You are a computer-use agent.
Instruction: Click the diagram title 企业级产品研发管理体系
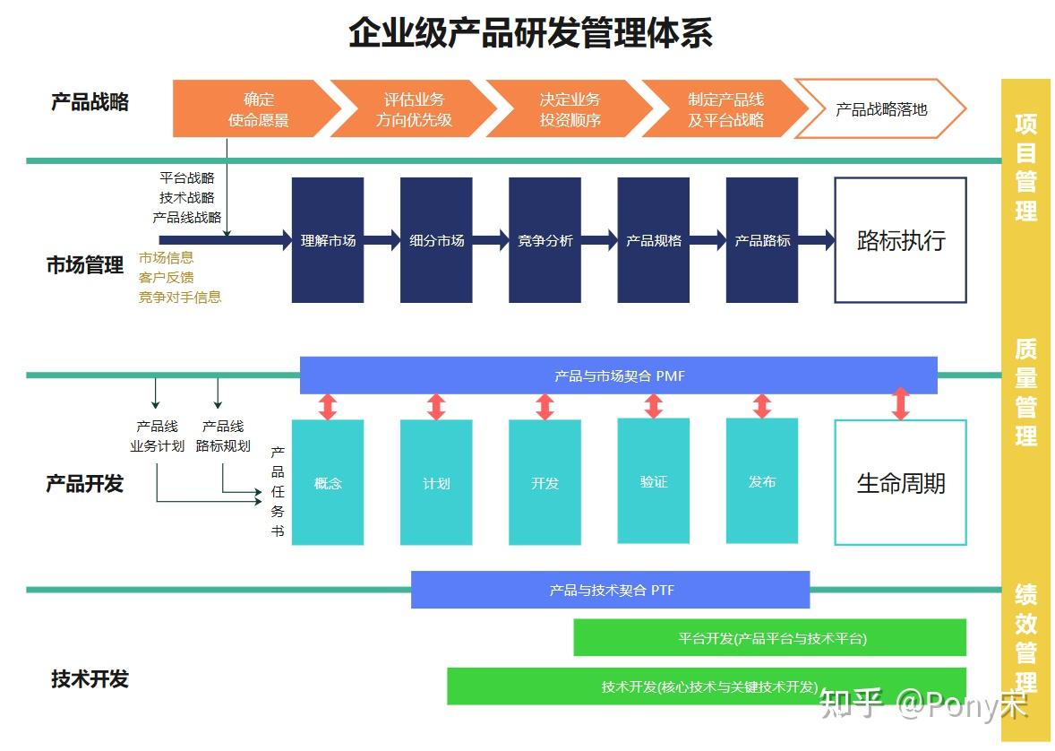click(530, 33)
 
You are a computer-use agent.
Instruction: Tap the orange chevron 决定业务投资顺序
click(570, 109)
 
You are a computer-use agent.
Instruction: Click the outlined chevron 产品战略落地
click(880, 109)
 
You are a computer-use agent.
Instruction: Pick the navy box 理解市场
click(328, 240)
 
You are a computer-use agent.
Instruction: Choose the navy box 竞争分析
click(545, 240)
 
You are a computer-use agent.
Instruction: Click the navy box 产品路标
click(762, 240)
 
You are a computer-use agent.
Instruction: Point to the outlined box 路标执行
click(900, 240)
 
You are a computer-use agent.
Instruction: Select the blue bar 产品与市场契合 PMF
click(618, 375)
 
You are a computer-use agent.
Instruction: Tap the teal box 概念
click(328, 482)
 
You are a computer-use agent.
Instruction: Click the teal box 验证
click(653, 481)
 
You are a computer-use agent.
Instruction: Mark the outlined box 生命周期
click(900, 483)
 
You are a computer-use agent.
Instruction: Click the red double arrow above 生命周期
click(901, 404)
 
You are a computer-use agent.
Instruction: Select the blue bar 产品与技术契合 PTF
click(610, 590)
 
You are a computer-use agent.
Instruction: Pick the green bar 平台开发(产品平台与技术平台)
click(770, 638)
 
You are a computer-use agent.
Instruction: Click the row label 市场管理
click(85, 265)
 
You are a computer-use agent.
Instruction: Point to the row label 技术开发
click(90, 678)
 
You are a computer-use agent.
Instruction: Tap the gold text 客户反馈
click(166, 278)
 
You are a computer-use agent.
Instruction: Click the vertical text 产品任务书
click(278, 491)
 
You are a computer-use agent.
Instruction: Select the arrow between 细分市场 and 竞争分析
click(490, 240)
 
